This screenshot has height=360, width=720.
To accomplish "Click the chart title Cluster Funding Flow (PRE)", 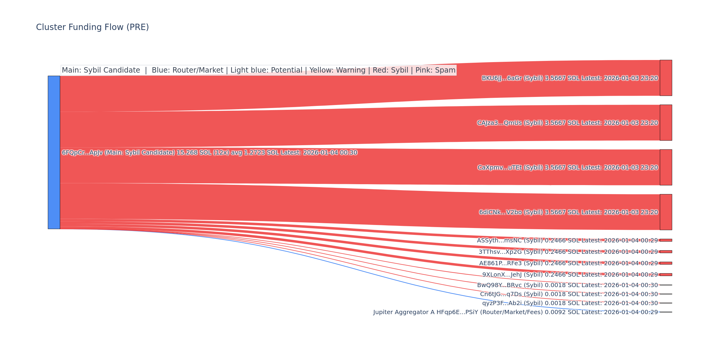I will coord(92,27).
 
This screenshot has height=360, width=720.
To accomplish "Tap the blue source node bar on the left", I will coord(54,152).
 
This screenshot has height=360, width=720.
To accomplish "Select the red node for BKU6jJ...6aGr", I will coord(666,78).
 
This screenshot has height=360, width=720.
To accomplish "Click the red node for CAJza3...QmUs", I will coord(666,123).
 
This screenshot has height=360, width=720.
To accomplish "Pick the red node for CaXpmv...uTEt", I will coord(666,167).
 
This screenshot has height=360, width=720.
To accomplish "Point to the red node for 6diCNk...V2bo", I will coord(666,212).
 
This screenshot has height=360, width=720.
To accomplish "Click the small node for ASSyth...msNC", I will coord(666,240).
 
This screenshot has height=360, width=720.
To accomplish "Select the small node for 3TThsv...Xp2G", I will coord(666,252).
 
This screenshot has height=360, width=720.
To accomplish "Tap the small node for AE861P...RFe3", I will coord(666,263).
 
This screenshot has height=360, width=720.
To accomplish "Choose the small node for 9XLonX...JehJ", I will coord(666,274).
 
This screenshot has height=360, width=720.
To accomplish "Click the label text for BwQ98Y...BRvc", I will coord(567,285).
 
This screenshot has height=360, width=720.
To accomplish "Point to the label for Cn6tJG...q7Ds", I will coord(569,294).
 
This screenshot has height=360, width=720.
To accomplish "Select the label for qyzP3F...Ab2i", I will coord(570,303).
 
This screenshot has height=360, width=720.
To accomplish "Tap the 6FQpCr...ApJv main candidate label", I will coord(209,153).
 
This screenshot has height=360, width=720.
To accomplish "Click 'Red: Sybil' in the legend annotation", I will coord(390,70).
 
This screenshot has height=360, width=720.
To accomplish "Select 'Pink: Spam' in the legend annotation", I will coord(435,70).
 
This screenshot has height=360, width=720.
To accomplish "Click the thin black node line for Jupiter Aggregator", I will coord(666,312).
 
